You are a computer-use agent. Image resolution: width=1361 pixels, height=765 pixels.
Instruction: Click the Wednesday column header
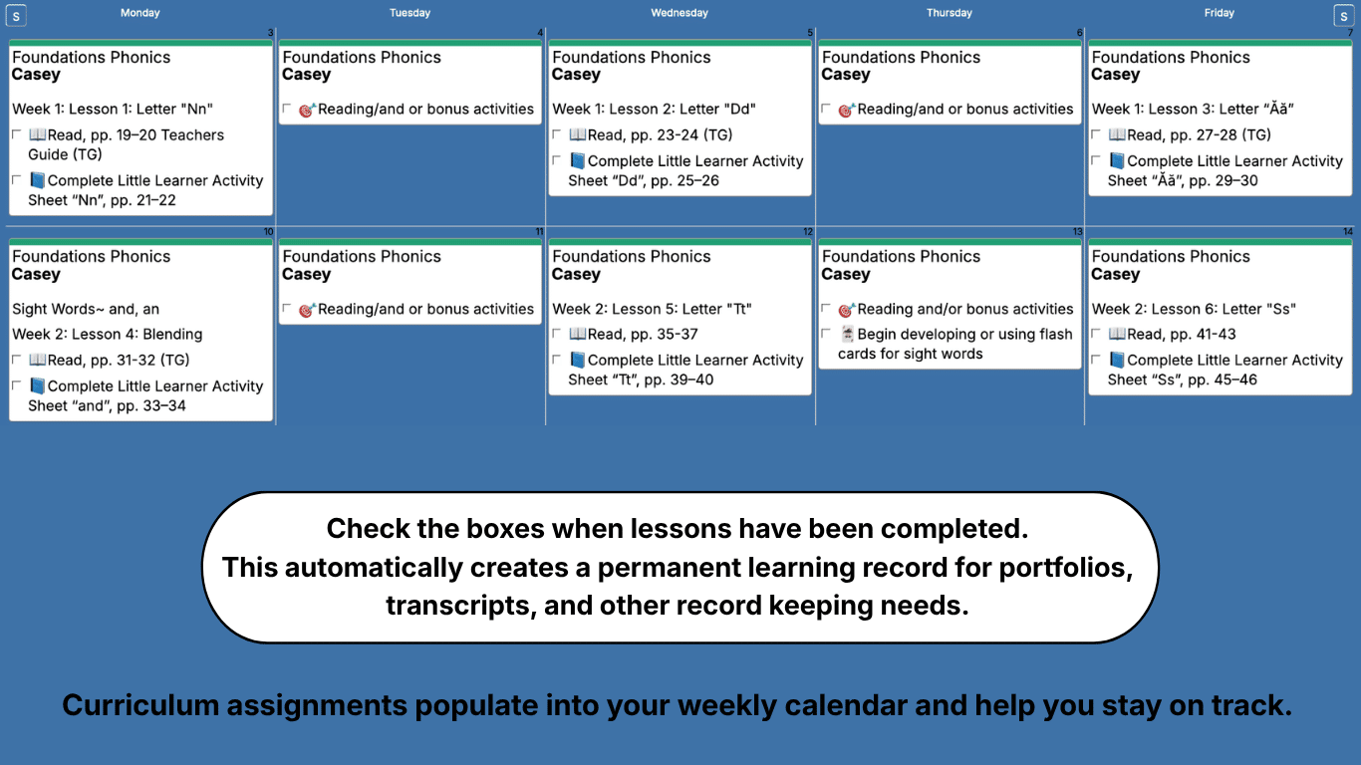[680, 13]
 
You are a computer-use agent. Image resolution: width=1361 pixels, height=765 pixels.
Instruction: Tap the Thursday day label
[949, 13]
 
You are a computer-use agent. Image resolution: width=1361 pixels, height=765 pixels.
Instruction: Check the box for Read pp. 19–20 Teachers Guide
[17, 133]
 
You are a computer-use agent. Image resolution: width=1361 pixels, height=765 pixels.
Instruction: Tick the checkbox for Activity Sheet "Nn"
[17, 179]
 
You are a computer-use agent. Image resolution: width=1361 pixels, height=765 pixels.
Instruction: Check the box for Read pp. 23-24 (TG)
[557, 133]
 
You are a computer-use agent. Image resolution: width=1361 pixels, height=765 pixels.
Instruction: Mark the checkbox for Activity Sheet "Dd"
[557, 159]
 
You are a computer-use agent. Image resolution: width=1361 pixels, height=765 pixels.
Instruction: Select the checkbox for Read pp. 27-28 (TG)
[1096, 133]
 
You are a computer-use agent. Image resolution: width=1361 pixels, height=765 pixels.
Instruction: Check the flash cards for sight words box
[826, 333]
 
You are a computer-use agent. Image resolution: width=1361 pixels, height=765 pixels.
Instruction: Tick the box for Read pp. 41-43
[1096, 333]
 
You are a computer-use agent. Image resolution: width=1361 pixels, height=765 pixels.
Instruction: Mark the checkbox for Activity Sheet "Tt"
[557, 359]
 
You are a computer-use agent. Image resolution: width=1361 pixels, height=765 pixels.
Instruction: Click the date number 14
[1347, 232]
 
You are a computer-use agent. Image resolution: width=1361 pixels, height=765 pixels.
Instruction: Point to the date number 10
[268, 232]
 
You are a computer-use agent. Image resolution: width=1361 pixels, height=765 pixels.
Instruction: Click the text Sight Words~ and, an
[86, 309]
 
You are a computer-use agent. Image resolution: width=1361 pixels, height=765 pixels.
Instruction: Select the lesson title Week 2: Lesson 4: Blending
[108, 334]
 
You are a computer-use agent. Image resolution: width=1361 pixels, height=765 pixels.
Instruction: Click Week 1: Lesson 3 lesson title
[1193, 109]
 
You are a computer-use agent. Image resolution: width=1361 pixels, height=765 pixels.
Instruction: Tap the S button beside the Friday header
[1342, 16]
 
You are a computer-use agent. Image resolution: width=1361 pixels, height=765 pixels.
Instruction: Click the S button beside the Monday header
[16, 16]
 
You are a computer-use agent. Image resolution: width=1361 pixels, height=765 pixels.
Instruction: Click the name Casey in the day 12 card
[576, 274]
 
